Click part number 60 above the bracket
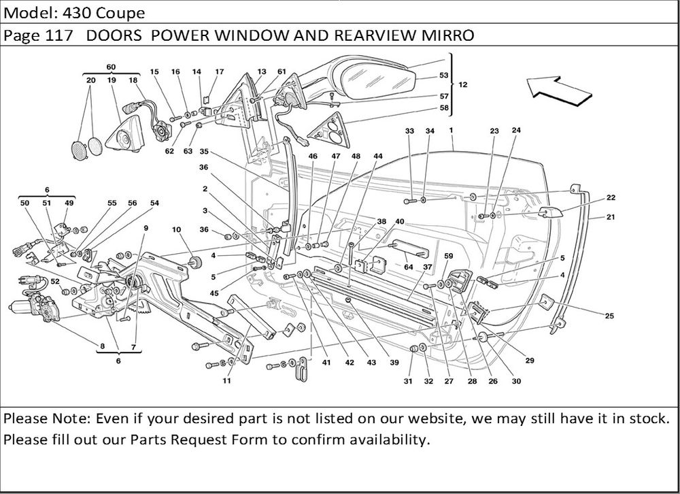pyautogui.click(x=111, y=67)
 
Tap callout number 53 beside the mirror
pyautogui.click(x=443, y=76)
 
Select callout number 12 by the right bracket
pyautogui.click(x=463, y=85)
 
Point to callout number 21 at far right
pyautogui.click(x=611, y=218)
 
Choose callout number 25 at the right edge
pyautogui.click(x=609, y=315)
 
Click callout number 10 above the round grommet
pyautogui.click(x=177, y=231)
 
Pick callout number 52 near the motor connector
pyautogui.click(x=54, y=280)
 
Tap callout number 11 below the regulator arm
pyautogui.click(x=226, y=381)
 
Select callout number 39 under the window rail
pyautogui.click(x=394, y=363)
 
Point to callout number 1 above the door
pyautogui.click(x=451, y=130)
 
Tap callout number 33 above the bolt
pyautogui.click(x=409, y=131)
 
